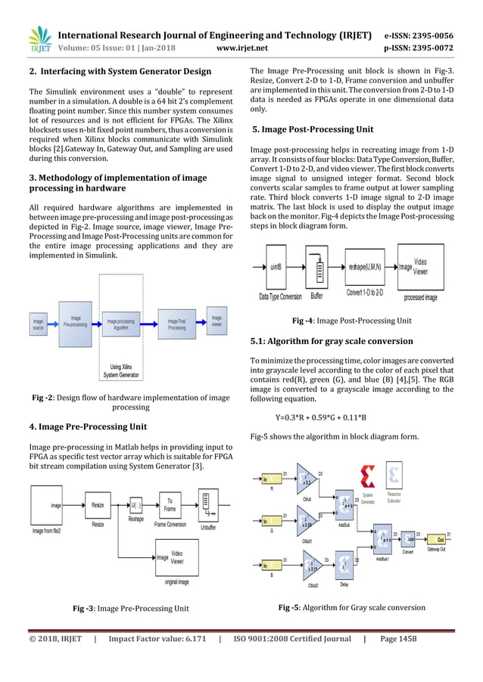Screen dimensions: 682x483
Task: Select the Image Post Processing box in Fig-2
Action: pyautogui.click(x=176, y=324)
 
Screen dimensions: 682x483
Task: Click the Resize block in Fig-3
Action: pyautogui.click(x=98, y=504)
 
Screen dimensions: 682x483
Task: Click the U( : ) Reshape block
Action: pyautogui.click(x=136, y=504)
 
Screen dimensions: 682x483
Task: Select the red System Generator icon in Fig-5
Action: pyautogui.click(x=368, y=479)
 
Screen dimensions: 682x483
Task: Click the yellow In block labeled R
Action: pyautogui.click(x=270, y=479)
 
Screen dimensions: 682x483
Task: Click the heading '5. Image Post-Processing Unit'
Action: pyautogui.click(x=313, y=129)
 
